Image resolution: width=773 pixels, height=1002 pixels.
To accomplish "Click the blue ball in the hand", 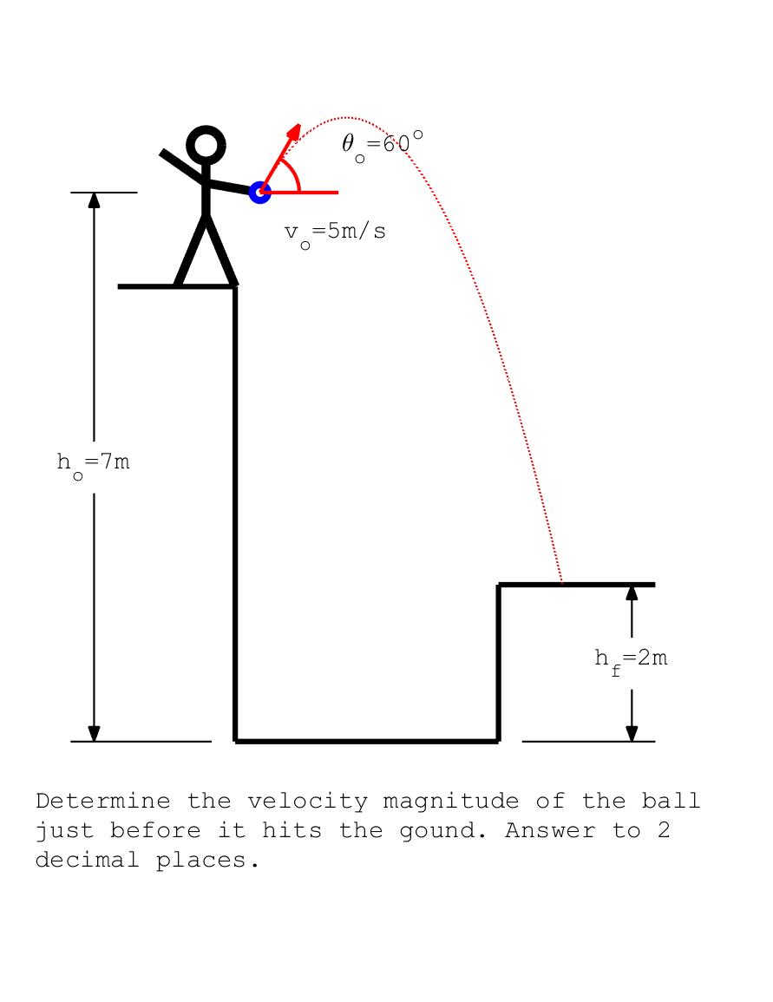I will (259, 192).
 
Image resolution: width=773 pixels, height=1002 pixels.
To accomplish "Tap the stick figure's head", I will (206, 145).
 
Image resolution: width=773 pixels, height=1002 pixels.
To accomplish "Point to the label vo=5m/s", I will (335, 232).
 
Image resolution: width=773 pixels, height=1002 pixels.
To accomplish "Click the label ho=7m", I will (94, 462).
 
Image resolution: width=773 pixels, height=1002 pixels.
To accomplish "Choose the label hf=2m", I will (631, 658).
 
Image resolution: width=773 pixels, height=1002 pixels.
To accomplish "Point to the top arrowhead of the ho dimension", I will (94, 200).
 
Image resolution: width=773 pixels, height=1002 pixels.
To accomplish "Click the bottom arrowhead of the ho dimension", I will (94, 734).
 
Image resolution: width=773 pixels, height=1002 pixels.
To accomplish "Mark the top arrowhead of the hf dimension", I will (632, 592).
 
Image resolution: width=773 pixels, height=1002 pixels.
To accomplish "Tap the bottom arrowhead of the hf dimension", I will (632, 734).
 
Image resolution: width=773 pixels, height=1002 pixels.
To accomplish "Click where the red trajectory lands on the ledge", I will (562, 583).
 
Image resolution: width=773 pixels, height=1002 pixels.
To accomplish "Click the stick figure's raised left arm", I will (181, 166).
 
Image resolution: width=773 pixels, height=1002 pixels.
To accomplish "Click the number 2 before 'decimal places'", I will (663, 831).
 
